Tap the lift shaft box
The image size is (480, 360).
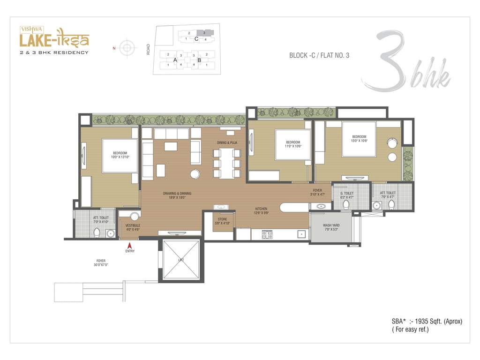tap(181, 260)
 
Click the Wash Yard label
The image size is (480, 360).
tap(331, 227)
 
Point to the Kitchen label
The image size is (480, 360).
tap(261, 211)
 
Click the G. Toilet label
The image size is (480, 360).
tap(346, 195)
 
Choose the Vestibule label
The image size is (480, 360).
tap(133, 227)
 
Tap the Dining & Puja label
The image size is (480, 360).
tap(227, 142)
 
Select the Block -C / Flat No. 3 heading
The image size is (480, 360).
tap(319, 55)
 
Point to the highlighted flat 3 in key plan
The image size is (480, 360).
tap(204, 33)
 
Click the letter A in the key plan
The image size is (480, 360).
tap(175, 60)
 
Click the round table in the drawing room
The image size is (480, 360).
tap(195, 174)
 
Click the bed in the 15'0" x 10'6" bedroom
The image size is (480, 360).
tap(359, 139)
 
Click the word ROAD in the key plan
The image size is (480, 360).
tap(148, 49)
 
